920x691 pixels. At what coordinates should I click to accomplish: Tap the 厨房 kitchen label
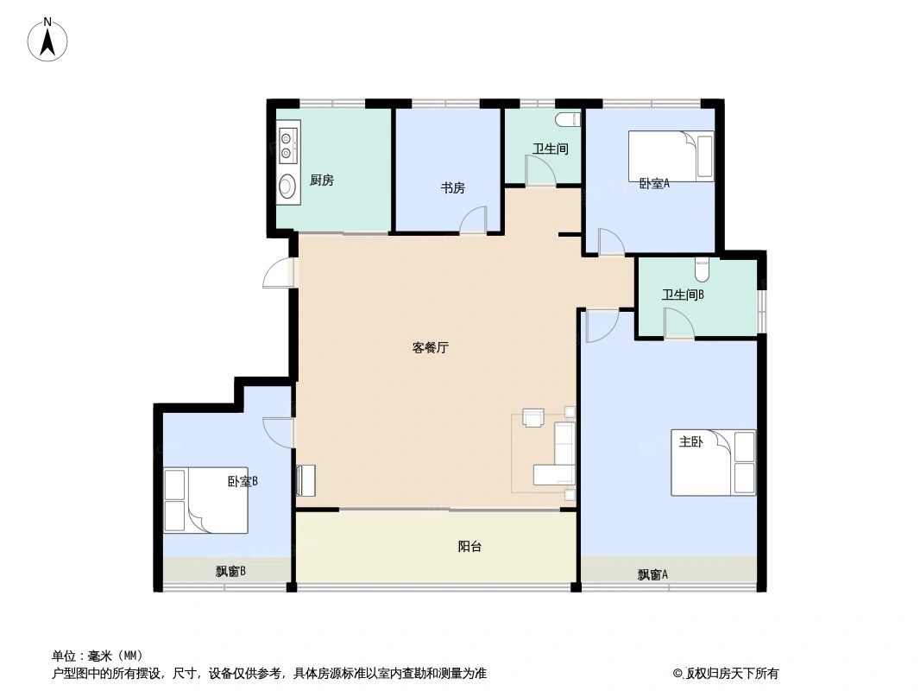(x=322, y=181)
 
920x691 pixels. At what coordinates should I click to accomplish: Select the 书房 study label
(x=453, y=187)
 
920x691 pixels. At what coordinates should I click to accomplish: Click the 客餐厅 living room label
(x=431, y=348)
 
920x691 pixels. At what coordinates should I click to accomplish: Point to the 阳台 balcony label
(x=469, y=547)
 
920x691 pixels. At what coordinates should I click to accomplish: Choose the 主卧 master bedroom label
(x=690, y=442)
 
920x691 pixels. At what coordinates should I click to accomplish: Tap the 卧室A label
(x=654, y=183)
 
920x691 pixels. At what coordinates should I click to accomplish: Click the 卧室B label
(x=243, y=481)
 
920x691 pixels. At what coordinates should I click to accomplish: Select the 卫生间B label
(x=684, y=295)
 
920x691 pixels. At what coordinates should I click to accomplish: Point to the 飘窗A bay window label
(x=653, y=574)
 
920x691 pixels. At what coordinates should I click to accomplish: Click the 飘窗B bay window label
(x=231, y=571)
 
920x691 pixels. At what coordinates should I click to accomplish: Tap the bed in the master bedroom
(x=713, y=463)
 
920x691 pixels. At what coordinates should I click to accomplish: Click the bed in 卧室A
(x=671, y=155)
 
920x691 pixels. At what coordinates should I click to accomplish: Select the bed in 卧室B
(x=205, y=500)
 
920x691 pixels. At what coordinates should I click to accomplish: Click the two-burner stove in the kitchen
(x=288, y=144)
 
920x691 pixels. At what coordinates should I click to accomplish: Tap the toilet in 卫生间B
(x=702, y=270)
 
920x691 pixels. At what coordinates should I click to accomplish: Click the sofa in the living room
(x=559, y=454)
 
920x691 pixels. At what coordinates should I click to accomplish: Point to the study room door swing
(x=474, y=221)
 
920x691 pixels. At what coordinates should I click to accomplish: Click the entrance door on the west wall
(x=279, y=273)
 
